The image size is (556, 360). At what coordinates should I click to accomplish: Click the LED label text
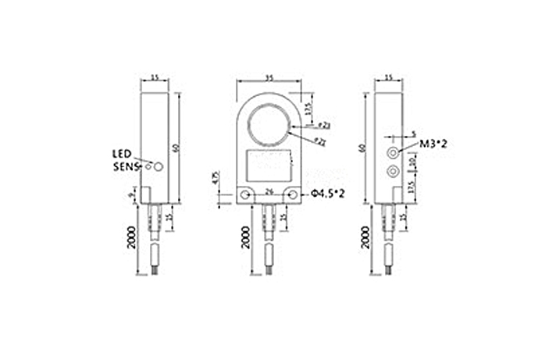tap(122, 154)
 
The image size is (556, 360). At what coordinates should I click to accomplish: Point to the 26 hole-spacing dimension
tap(269, 189)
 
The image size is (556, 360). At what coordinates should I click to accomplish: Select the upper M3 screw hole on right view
tap(392, 150)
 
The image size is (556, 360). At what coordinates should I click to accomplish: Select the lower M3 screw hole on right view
tap(392, 169)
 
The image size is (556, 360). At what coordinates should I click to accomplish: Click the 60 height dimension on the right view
tap(362, 147)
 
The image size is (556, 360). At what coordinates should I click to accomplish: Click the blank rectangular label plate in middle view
tap(269, 164)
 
